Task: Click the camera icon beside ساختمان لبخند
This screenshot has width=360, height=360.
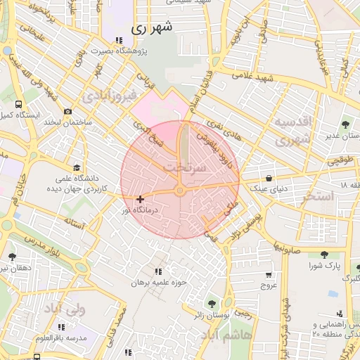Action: pos(67,111)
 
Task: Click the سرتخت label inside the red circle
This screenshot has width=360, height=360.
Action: pos(185,168)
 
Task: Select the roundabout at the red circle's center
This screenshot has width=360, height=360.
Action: pos(180,190)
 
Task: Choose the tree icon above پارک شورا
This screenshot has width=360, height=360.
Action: pos(323,255)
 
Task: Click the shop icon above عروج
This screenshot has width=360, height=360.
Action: pos(269,275)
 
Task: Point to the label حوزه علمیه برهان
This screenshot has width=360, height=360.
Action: pos(158,282)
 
